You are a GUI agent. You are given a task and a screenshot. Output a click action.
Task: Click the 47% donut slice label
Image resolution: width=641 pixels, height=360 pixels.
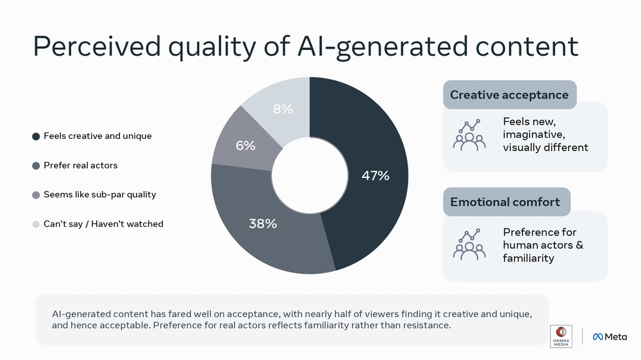tap(375, 176)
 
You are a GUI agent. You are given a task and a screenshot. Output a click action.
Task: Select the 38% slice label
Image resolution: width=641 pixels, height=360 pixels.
tap(263, 224)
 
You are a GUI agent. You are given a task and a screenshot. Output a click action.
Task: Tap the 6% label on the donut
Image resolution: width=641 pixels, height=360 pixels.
tap(246, 145)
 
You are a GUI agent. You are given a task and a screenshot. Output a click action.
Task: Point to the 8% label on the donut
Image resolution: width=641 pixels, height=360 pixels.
tap(283, 109)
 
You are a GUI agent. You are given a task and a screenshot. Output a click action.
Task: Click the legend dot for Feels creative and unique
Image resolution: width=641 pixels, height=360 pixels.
tap(36, 136)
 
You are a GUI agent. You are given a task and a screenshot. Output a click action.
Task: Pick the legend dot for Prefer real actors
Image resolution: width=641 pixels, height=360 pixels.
tap(36, 165)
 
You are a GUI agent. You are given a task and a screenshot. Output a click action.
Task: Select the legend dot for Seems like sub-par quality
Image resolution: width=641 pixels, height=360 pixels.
tap(36, 195)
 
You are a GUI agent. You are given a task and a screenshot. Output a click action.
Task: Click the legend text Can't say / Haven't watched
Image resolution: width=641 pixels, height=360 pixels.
tap(103, 224)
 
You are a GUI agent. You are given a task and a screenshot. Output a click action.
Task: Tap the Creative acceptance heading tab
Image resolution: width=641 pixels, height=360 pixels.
tap(509, 95)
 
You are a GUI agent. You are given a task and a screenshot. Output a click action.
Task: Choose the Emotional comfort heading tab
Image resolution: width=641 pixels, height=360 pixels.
tap(505, 202)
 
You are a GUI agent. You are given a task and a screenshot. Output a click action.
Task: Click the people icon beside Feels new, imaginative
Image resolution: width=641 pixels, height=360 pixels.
tap(469, 135)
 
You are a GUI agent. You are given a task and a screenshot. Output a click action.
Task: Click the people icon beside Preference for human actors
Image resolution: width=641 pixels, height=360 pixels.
tap(469, 245)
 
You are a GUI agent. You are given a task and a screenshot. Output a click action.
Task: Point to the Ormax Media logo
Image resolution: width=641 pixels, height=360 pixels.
tap(561, 336)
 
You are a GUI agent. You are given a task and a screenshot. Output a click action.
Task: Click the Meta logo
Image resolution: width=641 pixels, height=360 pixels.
tap(610, 336)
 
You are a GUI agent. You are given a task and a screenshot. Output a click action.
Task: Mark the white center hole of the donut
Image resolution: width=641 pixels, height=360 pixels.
tap(310, 176)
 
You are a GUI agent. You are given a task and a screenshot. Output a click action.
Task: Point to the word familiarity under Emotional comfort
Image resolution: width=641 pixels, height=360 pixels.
tap(528, 258)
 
